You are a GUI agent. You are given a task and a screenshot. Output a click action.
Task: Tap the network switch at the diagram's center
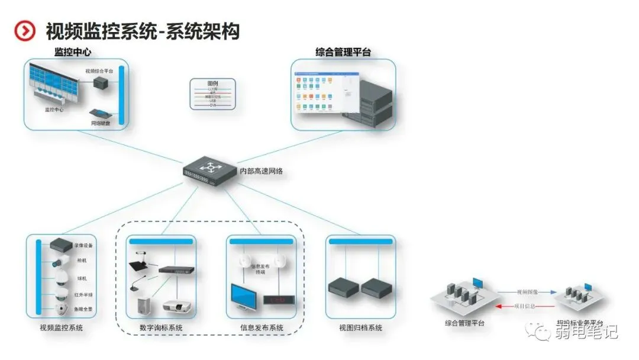pyautogui.click(x=209, y=170)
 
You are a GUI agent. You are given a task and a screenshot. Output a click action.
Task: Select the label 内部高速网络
pyautogui.click(x=261, y=172)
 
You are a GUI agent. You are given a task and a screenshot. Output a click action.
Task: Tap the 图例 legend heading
pyautogui.click(x=212, y=83)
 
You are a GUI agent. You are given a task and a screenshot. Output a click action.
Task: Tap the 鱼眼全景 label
pyautogui.click(x=83, y=309)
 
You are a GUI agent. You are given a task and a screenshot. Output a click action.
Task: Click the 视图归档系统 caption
pyautogui.click(x=360, y=328)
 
